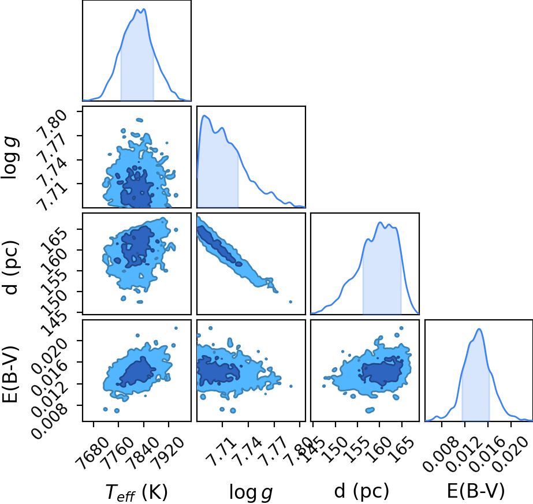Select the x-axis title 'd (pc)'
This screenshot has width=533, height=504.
click(361, 491)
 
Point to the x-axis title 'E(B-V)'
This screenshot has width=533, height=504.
click(476, 491)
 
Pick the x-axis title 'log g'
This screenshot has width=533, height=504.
click(251, 492)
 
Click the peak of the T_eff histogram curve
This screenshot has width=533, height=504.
click(144, 9)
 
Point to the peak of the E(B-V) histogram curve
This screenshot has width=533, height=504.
click(479, 328)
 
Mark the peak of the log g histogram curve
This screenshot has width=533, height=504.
click(204, 115)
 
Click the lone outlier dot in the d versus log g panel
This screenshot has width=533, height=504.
click(290, 301)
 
